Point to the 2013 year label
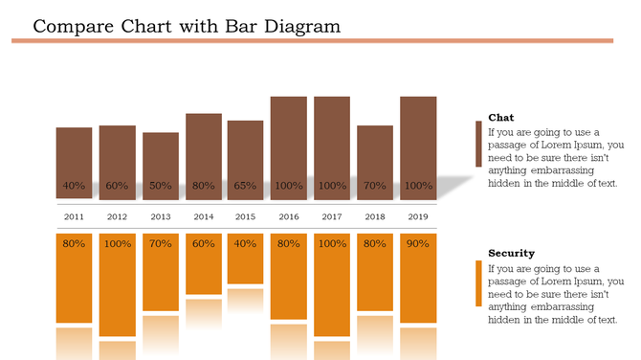(160, 217)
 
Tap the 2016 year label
(289, 217)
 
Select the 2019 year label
(418, 217)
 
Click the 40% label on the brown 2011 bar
(74, 186)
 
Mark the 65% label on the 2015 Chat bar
(246, 186)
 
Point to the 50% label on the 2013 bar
(160, 186)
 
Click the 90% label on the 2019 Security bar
(418, 244)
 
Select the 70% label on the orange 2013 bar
(160, 244)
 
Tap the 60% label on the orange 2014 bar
(203, 244)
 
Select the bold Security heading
(511, 254)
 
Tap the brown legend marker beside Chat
(478, 144)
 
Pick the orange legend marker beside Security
(478, 283)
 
